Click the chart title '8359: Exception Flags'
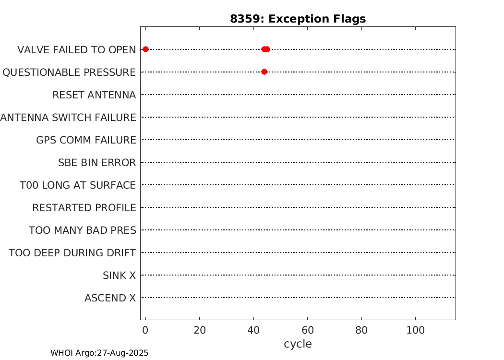(298, 19)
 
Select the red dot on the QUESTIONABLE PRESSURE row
(264, 72)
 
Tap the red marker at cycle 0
(145, 49)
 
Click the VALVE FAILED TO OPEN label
(76, 50)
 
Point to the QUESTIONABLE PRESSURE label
(69, 72)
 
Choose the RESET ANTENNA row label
(94, 95)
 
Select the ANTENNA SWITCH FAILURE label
(68, 117)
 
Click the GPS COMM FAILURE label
(86, 140)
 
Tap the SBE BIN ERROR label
(97, 163)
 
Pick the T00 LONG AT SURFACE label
(78, 185)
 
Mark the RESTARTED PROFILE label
(84, 208)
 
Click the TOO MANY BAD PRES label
(83, 230)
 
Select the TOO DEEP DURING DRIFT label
(72, 252)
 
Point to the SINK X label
(119, 276)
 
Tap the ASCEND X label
(110, 298)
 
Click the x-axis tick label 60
(308, 330)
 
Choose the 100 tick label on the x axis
(416, 330)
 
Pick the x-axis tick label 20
(200, 330)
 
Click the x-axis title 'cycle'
(298, 344)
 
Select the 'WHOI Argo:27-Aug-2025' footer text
(99, 353)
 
